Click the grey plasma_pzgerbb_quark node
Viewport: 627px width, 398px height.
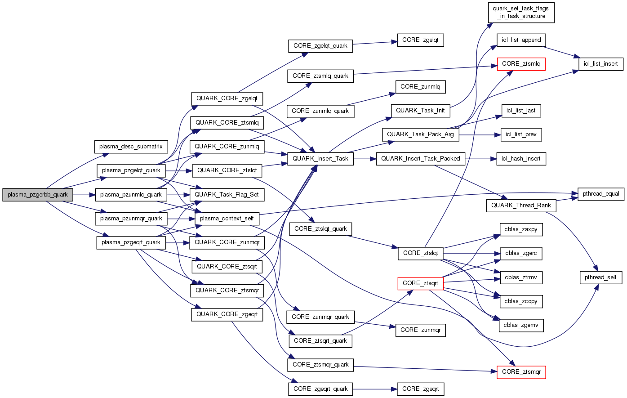point(38,195)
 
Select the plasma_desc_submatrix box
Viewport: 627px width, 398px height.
point(131,147)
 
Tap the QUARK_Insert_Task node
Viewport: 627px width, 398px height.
point(320,159)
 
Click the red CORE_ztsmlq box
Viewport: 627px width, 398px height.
point(521,64)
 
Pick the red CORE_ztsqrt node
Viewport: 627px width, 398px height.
point(420,283)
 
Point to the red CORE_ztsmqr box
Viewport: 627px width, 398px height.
point(521,372)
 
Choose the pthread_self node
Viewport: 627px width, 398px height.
point(600,277)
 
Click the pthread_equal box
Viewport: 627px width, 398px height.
point(601,194)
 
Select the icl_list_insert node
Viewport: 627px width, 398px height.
point(600,64)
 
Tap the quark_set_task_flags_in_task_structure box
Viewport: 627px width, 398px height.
point(521,13)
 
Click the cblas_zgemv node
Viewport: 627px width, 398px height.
point(521,325)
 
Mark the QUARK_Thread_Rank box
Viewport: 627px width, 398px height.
point(521,206)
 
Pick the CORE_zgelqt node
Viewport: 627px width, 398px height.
point(420,40)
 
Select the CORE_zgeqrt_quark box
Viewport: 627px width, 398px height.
point(320,389)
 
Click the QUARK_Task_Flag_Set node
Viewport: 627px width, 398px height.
point(227,195)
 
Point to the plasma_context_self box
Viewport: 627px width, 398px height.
point(227,219)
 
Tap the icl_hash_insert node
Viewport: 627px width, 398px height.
point(521,159)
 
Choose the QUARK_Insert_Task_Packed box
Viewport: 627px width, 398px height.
point(420,159)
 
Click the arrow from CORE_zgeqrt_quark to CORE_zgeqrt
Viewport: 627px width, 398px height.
point(375,389)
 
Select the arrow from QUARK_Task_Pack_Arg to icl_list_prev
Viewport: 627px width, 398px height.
point(479,134)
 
